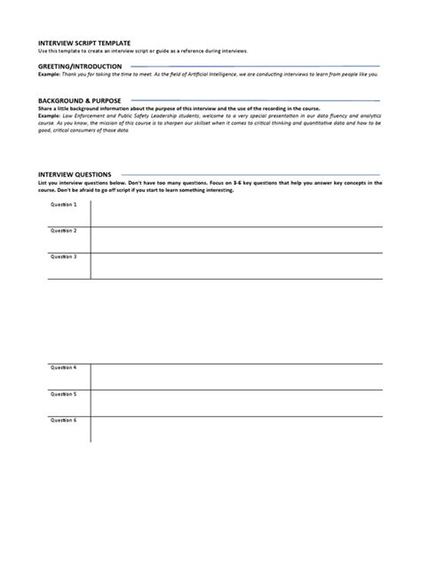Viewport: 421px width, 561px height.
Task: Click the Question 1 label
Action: pyautogui.click(x=64, y=205)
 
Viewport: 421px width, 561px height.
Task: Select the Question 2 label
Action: pyautogui.click(x=64, y=231)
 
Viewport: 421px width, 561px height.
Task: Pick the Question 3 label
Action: pyautogui.click(x=64, y=257)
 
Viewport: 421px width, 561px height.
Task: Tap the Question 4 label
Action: pyautogui.click(x=64, y=367)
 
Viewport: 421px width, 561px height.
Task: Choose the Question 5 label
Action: pyautogui.click(x=64, y=393)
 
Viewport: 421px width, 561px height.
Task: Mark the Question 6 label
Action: pyautogui.click(x=64, y=419)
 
